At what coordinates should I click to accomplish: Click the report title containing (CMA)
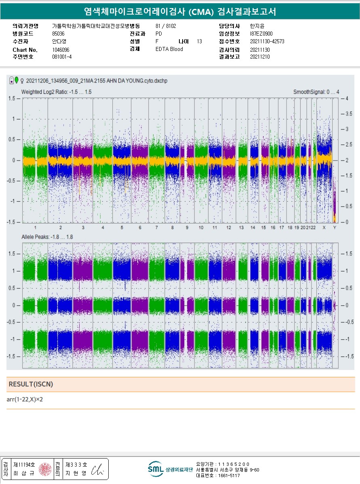(x=180, y=12)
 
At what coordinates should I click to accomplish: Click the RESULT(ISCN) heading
(x=31, y=384)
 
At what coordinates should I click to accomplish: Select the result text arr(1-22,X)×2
(x=25, y=399)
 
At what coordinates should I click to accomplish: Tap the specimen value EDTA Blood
(x=169, y=49)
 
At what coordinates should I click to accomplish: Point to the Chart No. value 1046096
(x=61, y=50)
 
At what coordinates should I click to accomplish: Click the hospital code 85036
(x=58, y=34)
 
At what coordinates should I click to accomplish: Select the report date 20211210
(x=260, y=57)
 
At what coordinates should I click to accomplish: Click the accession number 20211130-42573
(x=267, y=41)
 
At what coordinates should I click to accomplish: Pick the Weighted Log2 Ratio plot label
(x=57, y=92)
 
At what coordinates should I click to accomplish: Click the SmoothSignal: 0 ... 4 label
(x=316, y=92)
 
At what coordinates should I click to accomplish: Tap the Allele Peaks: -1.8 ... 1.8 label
(x=47, y=237)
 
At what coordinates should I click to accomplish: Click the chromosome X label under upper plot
(x=324, y=228)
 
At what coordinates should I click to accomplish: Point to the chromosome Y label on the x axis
(x=335, y=228)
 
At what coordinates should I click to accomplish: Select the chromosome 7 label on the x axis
(x=157, y=228)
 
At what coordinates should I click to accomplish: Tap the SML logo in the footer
(x=156, y=469)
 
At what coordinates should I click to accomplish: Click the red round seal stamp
(x=45, y=469)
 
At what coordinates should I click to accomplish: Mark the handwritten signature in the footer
(x=97, y=469)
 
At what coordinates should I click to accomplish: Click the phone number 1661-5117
(x=229, y=476)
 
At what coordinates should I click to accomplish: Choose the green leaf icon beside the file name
(x=17, y=80)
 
